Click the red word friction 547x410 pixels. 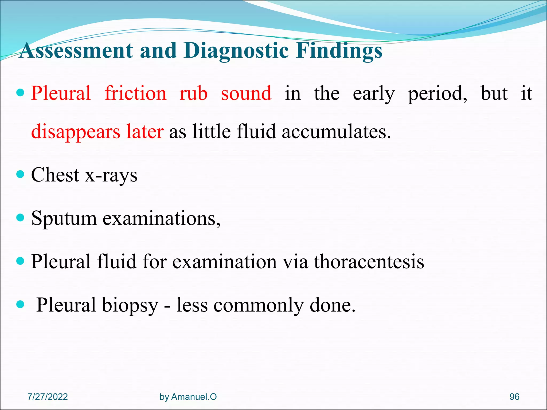tap(135, 93)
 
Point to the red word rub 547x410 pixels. tap(193, 93)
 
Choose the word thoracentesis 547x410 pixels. tap(369, 261)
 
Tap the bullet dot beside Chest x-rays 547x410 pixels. tap(20, 175)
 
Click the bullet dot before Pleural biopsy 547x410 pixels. tap(20, 304)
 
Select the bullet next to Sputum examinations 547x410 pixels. tap(20, 217)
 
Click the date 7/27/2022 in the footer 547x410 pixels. tap(48, 397)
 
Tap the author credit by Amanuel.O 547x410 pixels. tap(188, 397)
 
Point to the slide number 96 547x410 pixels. tap(514, 397)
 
